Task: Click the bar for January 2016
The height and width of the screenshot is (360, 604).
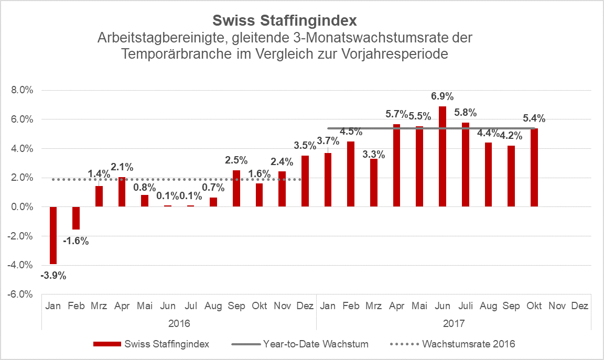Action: tap(53, 235)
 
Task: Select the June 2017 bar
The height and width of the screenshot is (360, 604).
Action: tap(443, 157)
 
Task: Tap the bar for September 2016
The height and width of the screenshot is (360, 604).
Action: tap(236, 189)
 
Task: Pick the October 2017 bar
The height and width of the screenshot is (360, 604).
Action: tap(534, 168)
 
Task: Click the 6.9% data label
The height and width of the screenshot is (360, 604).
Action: tap(443, 96)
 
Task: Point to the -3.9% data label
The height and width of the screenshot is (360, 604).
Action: tap(53, 275)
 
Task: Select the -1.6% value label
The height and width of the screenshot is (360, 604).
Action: tap(76, 241)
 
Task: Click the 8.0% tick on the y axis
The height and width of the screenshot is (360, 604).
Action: tap(22, 90)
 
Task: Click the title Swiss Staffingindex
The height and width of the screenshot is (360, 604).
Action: tap(285, 21)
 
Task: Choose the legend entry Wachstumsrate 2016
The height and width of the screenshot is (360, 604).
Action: tap(468, 344)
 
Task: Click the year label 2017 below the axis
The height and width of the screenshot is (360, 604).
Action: tap(454, 322)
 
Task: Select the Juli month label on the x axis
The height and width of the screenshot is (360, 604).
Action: tap(465, 306)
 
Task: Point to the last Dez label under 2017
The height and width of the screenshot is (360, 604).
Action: tap(579, 306)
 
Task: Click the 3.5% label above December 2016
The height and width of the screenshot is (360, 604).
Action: tap(305, 146)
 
